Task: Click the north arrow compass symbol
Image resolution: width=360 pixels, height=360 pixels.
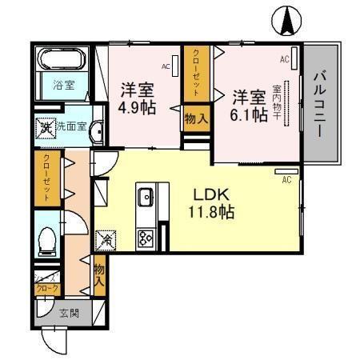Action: pyautogui.click(x=286, y=20)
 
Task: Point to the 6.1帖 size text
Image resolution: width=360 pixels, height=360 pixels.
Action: pyautogui.click(x=249, y=114)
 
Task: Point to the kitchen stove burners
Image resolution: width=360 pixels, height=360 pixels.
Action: pyautogui.click(x=146, y=237)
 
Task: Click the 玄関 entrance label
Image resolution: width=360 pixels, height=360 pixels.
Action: pyautogui.click(x=69, y=314)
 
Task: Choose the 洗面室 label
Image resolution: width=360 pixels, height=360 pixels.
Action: pyautogui.click(x=70, y=126)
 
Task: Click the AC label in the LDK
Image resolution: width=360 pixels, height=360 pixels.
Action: pyautogui.click(x=286, y=181)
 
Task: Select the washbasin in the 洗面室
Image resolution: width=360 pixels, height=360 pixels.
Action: pyautogui.click(x=96, y=130)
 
